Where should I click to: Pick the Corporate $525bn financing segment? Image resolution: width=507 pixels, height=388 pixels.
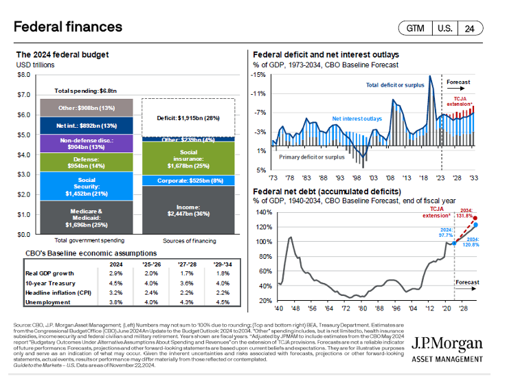click(188, 181)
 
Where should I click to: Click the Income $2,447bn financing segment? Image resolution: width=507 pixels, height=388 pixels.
click(188, 210)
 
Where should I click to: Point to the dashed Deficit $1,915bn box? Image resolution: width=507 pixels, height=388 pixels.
click(188, 117)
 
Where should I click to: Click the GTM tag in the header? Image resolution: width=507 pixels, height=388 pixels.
click(416, 28)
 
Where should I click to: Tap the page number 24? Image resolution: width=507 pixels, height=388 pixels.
click(470, 28)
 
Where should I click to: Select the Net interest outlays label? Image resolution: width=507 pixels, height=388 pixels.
click(357, 119)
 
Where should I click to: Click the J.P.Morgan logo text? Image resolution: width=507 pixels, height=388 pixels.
click(448, 344)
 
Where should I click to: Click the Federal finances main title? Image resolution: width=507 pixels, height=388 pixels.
click(68, 27)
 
